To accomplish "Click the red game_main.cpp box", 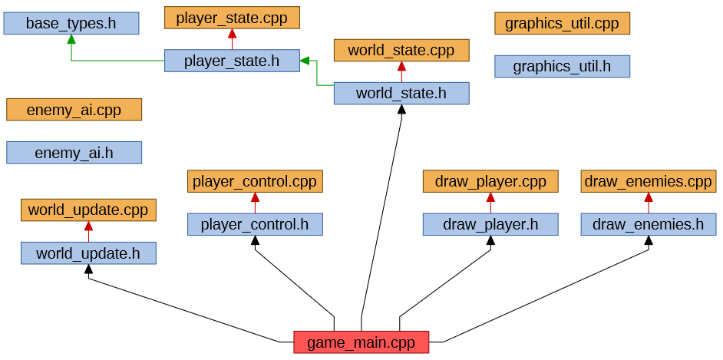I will coord(361,342).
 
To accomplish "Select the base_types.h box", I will coord(71,23).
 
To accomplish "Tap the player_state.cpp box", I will coord(232,18).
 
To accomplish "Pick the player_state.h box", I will coord(232,61).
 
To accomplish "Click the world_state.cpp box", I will coord(401,51).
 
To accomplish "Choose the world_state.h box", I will coord(401,94).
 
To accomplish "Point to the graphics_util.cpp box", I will coord(562,23).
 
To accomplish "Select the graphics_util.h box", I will coord(562,66).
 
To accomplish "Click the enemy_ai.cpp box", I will coord(74,110).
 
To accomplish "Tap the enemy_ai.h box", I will coord(74,153).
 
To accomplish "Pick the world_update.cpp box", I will coord(88,210).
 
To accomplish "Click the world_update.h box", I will coord(88,253).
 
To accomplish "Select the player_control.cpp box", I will coord(255,181).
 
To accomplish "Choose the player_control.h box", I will coord(255,224).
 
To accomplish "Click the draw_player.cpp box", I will coord(490,181).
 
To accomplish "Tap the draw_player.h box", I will coord(490,224).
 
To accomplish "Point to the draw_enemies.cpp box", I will coord(649,181).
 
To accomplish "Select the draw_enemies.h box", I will coord(649,224).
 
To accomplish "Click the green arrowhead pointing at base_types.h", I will coord(71,39).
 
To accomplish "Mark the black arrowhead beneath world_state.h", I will coord(401,110).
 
